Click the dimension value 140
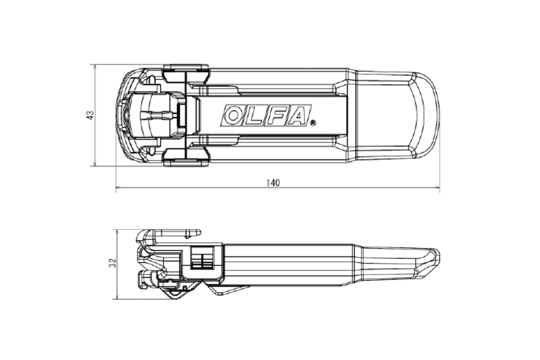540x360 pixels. [x=273, y=183]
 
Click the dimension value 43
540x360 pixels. [x=90, y=115]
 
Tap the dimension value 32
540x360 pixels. [x=112, y=263]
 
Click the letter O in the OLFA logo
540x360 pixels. [x=233, y=115]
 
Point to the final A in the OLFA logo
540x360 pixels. [x=297, y=115]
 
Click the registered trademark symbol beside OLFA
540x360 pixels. [x=313, y=123]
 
